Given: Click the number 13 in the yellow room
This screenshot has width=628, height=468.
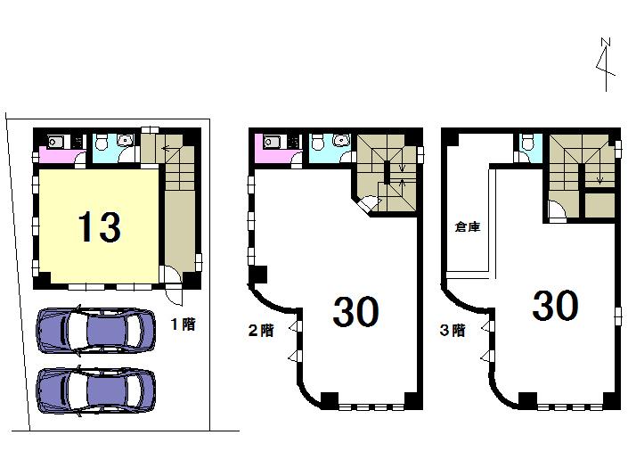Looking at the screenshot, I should pos(98,226).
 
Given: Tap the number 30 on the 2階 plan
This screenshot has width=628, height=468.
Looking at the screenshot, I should pos(355,311).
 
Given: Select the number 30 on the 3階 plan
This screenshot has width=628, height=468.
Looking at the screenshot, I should pos(554,306).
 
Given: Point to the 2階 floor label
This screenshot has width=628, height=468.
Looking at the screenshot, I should pos(260,329).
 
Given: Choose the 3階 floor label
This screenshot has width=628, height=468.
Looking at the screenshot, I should pos(452,330).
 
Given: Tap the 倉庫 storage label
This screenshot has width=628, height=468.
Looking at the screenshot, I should pos(467,226).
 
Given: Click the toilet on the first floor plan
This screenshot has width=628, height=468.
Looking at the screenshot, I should pos(102,142).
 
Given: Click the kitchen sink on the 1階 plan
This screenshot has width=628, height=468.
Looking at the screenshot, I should pos(55,141).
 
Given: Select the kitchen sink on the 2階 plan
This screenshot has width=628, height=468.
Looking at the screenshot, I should pos(271,141).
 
